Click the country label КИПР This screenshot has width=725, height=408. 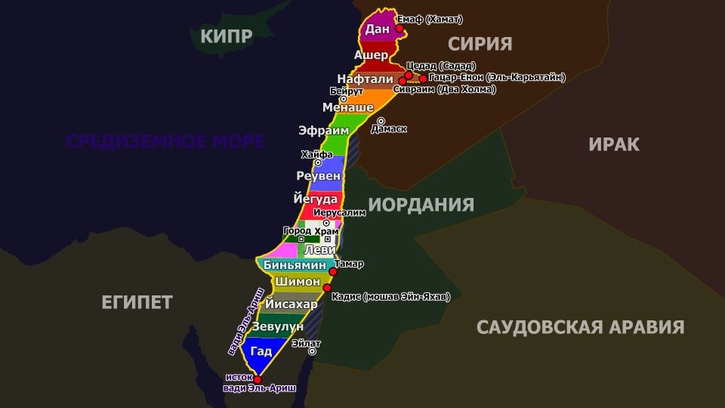[226, 36]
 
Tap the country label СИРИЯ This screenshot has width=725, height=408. [480, 43]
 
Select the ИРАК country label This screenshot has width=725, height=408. [613, 144]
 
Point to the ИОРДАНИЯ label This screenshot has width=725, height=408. [421, 205]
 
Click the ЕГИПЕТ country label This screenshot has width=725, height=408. [137, 302]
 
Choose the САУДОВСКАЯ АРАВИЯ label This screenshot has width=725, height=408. [580, 327]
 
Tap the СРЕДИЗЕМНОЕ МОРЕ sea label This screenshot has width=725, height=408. [165, 141]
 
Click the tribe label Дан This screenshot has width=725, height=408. [376, 29]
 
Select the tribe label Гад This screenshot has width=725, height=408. [261, 351]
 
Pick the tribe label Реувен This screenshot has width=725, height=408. [318, 175]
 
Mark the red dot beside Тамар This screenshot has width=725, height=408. [333, 270]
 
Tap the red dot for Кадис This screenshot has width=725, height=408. [327, 288]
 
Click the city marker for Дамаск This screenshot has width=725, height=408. [381, 121]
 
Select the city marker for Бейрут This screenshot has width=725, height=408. [344, 99]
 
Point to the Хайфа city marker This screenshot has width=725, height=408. [318, 162]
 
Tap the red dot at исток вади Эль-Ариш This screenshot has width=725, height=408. [258, 379]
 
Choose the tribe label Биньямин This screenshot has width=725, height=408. [295, 265]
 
